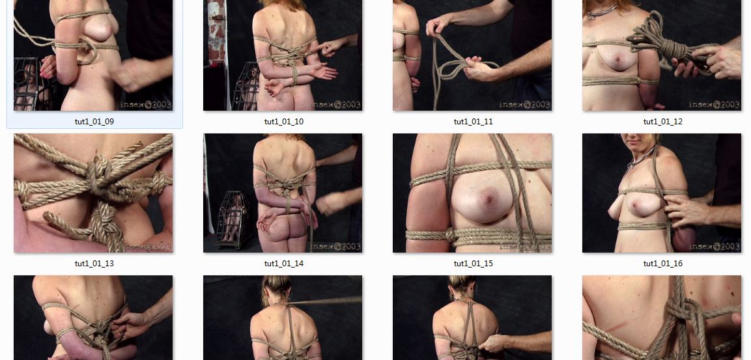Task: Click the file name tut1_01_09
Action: [x=94, y=122]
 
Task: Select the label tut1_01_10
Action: [x=284, y=122]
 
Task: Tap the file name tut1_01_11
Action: [x=474, y=122]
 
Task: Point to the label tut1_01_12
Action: [x=663, y=122]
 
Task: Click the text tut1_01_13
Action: [x=94, y=263]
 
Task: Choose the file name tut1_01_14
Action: [x=284, y=263]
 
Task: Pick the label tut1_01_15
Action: [x=474, y=263]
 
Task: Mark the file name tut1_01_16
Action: [x=663, y=263]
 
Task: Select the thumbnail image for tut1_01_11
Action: [x=472, y=55]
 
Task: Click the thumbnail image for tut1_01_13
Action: [x=93, y=193]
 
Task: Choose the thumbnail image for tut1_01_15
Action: [x=472, y=193]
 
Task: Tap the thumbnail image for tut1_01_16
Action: [x=662, y=193]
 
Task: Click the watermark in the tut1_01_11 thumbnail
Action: [x=524, y=104]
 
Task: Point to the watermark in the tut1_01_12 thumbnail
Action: [x=714, y=104]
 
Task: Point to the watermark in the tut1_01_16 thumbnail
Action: [x=714, y=247]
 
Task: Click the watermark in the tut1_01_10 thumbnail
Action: [x=335, y=104]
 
